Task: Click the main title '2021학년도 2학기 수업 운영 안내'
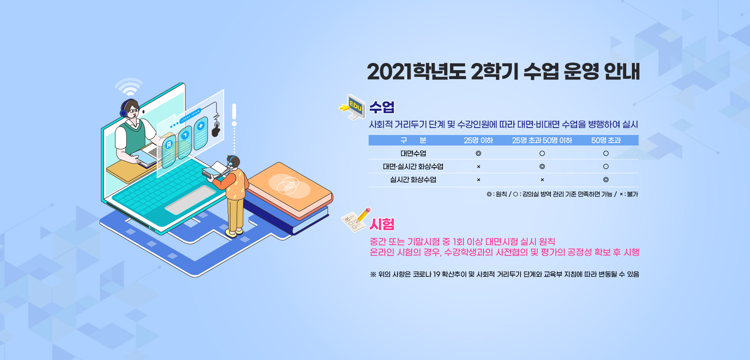[503, 71]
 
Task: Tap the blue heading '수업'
[382, 107]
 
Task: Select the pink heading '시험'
[382, 224]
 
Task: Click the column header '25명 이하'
[478, 140]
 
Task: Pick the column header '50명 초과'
[606, 140]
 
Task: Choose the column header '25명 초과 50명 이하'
[542, 140]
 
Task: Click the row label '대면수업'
[413, 153]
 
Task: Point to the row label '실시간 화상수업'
[413, 180]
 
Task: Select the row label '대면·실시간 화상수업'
[413, 166]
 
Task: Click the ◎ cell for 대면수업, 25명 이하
[478, 153]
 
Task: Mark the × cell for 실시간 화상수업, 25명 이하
[478, 180]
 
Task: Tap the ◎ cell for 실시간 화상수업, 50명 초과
[606, 180]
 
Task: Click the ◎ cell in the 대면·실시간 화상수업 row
[542, 166]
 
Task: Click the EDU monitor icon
[353, 107]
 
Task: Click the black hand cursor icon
[216, 130]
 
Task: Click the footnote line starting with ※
[504, 274]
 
